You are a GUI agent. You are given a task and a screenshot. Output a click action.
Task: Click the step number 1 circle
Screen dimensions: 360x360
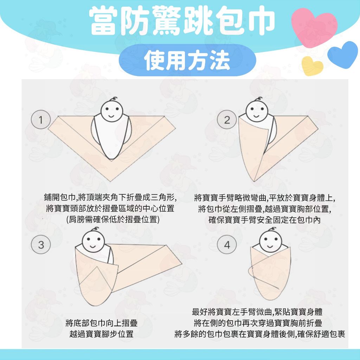(41, 120)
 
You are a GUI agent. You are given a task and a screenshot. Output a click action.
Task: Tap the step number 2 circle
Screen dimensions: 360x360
(227, 120)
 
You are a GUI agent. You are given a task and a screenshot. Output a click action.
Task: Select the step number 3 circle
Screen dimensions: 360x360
(41, 245)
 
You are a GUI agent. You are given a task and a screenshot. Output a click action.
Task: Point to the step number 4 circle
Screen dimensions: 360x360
(227, 245)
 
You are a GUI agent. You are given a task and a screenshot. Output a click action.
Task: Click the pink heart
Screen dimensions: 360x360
(314, 26)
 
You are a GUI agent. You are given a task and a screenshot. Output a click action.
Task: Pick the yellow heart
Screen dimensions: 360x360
(312, 66)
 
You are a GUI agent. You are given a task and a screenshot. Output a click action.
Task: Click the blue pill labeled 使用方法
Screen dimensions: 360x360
(187, 60)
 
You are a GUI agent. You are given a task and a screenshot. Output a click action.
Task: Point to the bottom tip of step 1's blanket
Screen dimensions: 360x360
(111, 181)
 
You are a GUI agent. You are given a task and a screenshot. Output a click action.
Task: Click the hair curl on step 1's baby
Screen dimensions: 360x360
(114, 99)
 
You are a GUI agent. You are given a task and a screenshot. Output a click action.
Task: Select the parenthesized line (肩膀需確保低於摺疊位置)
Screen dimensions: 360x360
(113, 219)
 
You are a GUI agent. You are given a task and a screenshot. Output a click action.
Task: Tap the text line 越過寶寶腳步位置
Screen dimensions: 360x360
(102, 334)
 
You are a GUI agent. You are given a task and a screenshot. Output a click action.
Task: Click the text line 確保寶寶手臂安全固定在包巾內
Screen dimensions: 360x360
(264, 220)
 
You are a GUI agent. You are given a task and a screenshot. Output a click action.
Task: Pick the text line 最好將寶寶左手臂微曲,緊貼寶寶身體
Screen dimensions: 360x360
(257, 312)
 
